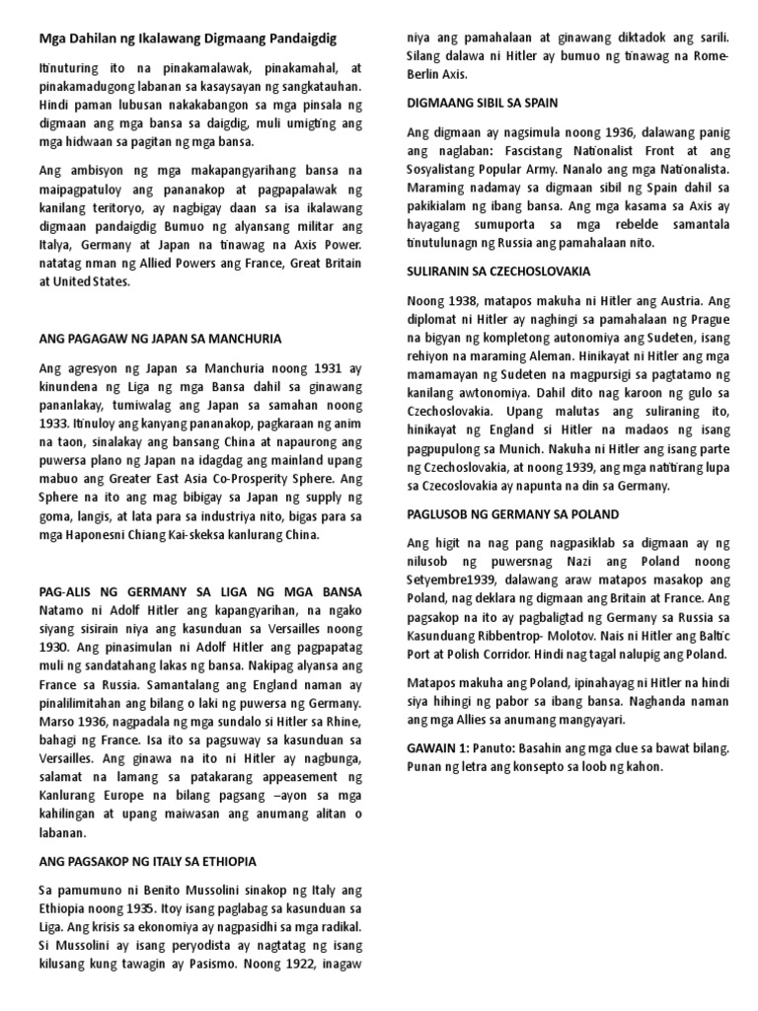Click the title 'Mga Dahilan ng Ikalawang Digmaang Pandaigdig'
[x=188, y=39]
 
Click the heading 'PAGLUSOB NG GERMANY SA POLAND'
[x=512, y=514]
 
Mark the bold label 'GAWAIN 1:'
[x=439, y=748]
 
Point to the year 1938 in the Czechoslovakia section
[x=463, y=299]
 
